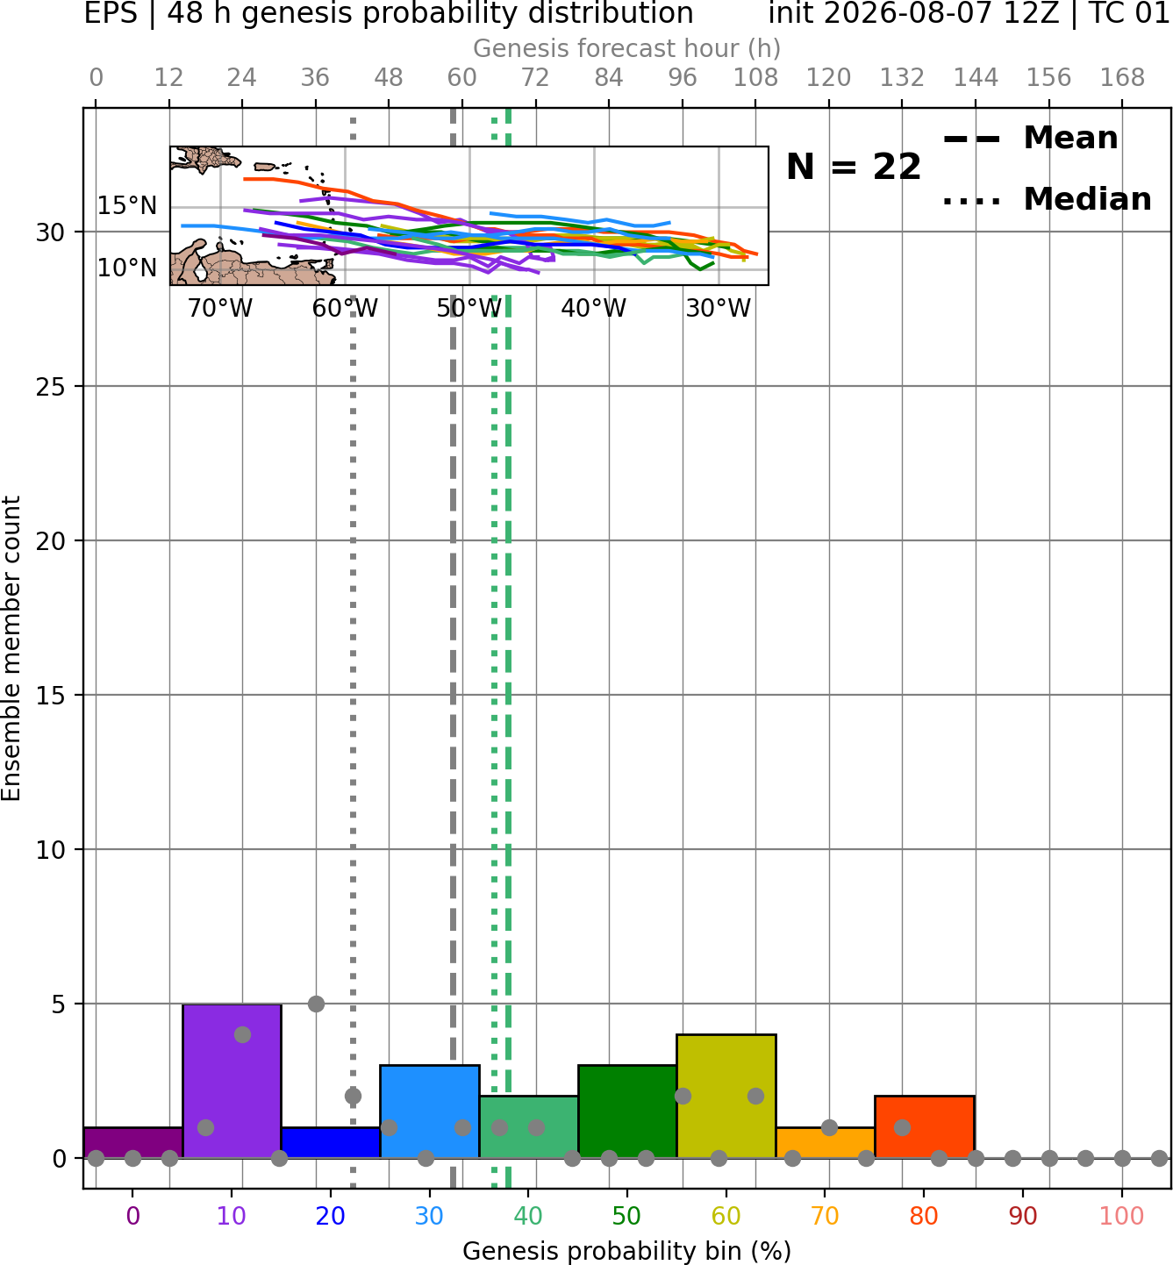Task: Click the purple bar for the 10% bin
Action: (x=232, y=1081)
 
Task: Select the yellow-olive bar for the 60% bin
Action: (x=726, y=1097)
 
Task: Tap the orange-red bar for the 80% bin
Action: (x=924, y=1126)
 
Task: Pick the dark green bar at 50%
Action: (x=627, y=1111)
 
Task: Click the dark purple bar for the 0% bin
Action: (x=133, y=1143)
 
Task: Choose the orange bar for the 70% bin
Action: (x=825, y=1143)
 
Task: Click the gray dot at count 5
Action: (x=316, y=1004)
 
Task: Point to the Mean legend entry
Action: (x=1030, y=139)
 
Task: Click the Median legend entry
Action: (x=1047, y=199)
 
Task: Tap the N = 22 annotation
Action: (x=854, y=167)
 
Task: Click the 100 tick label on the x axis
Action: (x=1121, y=1216)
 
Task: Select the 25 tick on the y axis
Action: (x=51, y=387)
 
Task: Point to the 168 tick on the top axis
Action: (x=1122, y=78)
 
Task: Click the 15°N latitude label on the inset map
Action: (x=127, y=206)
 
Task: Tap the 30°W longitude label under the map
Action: (x=718, y=308)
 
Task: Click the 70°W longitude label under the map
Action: (x=220, y=308)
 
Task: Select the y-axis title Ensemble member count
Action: (x=11, y=648)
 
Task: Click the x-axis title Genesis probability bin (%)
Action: (x=626, y=1250)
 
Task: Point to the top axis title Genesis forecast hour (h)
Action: (x=626, y=48)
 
